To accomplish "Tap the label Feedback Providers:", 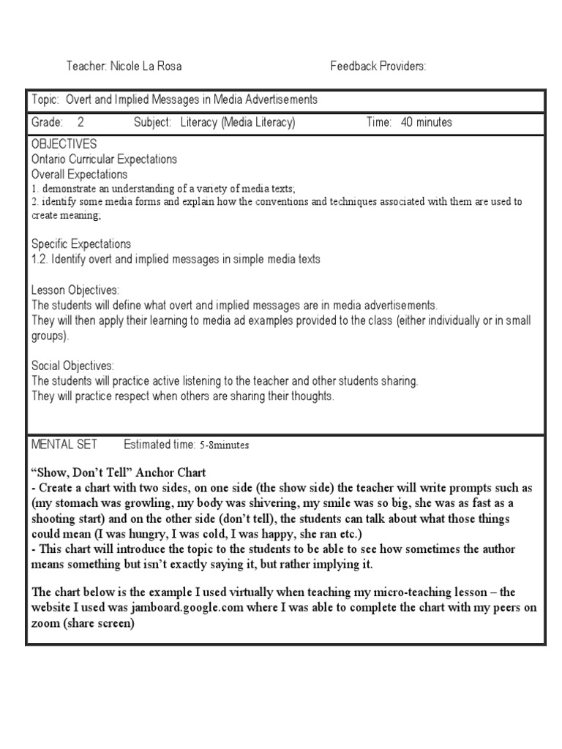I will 378,67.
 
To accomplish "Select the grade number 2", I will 80,122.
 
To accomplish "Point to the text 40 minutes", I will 427,122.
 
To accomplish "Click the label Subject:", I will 152,122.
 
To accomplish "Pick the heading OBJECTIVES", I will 64,144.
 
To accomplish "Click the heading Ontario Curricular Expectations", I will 104,159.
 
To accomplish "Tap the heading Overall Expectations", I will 80,174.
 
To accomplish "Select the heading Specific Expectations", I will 81,244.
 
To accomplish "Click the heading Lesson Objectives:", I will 75,290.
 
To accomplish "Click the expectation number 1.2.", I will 41,259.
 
